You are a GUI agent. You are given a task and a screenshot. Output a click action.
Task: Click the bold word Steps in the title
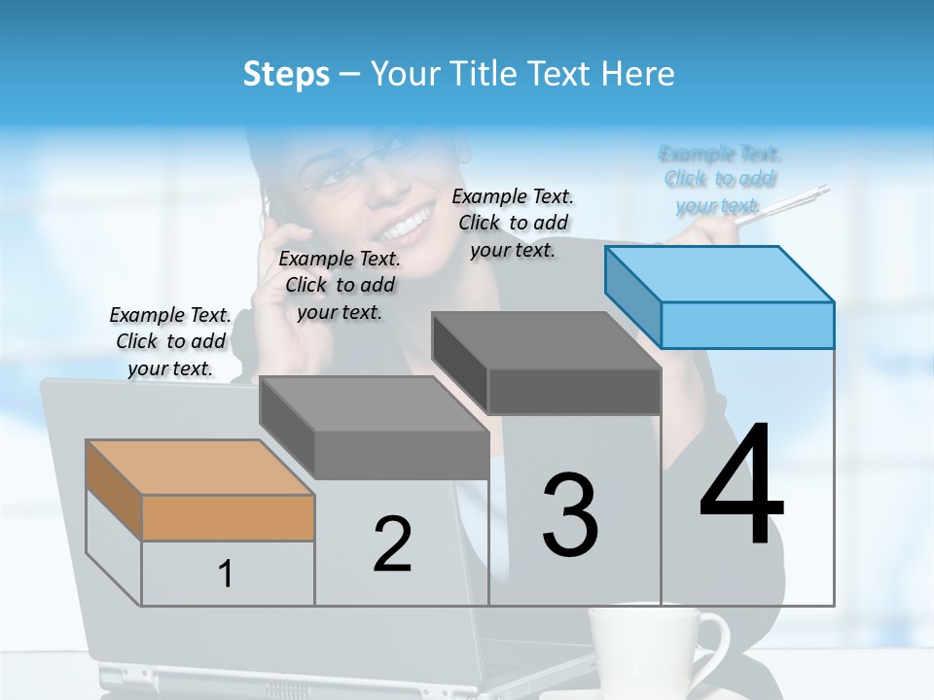(286, 74)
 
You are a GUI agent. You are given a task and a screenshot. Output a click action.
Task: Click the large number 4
(741, 486)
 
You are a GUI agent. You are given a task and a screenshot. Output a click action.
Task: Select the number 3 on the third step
(570, 515)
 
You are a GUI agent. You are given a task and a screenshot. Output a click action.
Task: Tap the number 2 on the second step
(392, 544)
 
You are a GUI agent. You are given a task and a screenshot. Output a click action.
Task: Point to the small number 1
(225, 574)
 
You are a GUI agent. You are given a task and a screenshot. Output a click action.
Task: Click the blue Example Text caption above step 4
(720, 179)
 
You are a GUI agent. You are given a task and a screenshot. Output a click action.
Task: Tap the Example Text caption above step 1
(170, 341)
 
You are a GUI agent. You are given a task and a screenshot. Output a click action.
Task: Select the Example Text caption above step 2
(340, 285)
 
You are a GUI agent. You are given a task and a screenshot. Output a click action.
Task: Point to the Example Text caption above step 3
(513, 223)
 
